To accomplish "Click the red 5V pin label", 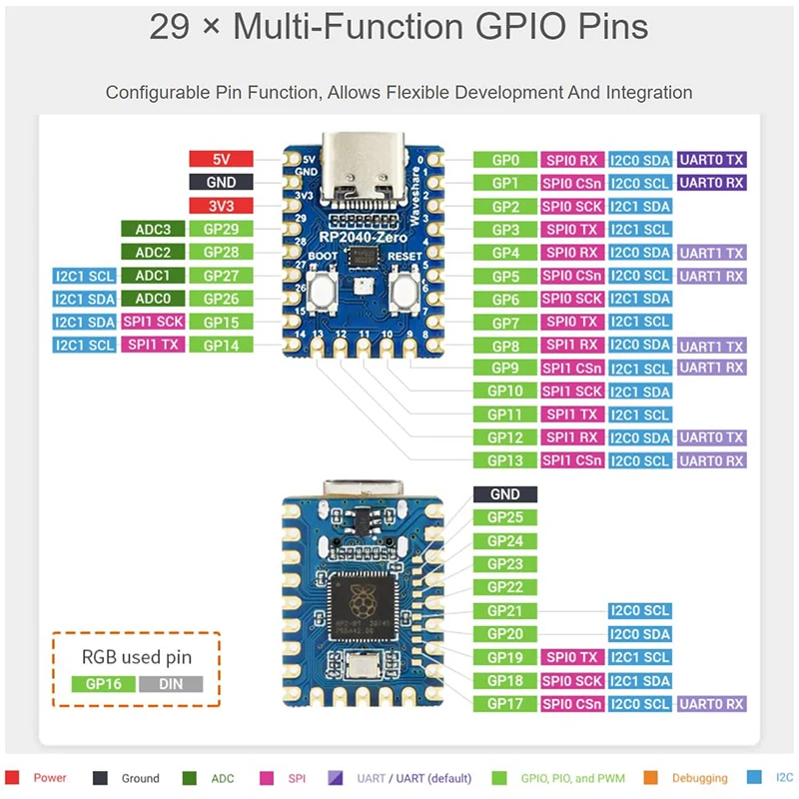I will coord(221,160).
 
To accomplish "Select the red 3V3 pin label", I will coord(221,206).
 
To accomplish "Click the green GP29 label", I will coord(221,229).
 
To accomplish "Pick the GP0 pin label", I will coord(505,160).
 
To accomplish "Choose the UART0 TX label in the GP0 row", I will coord(712,160).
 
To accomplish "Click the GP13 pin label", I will coord(505,460).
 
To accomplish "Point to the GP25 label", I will coord(505,517).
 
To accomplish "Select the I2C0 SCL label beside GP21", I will coord(639,611).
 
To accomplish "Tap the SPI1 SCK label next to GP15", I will coord(153,322).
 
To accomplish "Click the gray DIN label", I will coord(171,684).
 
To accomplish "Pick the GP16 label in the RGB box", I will coord(103,684).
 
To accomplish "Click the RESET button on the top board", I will coord(404,293).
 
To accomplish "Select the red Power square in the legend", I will coord(12,778).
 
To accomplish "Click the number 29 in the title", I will coord(171,28).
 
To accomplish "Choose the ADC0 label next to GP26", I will coord(153,299).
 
